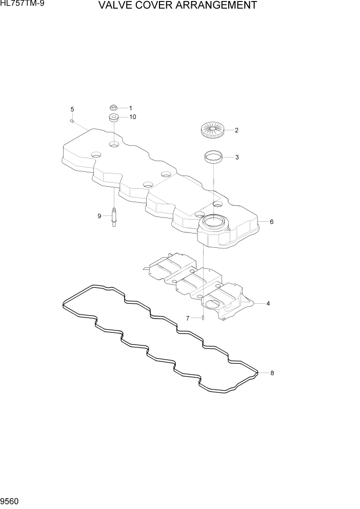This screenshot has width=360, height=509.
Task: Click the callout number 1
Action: pos(130,108)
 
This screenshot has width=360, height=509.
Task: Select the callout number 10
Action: pos(132,117)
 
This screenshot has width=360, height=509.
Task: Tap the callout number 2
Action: pos(236,130)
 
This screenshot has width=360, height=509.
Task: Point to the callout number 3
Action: pos(236,158)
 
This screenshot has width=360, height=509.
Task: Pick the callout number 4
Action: pos(268,303)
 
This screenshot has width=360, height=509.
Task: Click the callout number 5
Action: pos(72,109)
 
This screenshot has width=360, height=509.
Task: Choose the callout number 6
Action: pos(271,222)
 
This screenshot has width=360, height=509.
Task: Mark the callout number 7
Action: pos(188,319)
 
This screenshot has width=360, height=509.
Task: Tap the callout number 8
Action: pos(272,373)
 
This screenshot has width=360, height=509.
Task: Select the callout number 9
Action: pos(100,216)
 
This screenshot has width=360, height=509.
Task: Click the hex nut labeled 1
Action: pos(113,108)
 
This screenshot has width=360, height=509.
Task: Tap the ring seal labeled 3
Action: pos(213,156)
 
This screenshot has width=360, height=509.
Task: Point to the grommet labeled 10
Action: pos(114,118)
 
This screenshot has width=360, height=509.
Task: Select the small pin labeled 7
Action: pos(204,318)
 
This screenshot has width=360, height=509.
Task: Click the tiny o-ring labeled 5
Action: pos(73,121)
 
